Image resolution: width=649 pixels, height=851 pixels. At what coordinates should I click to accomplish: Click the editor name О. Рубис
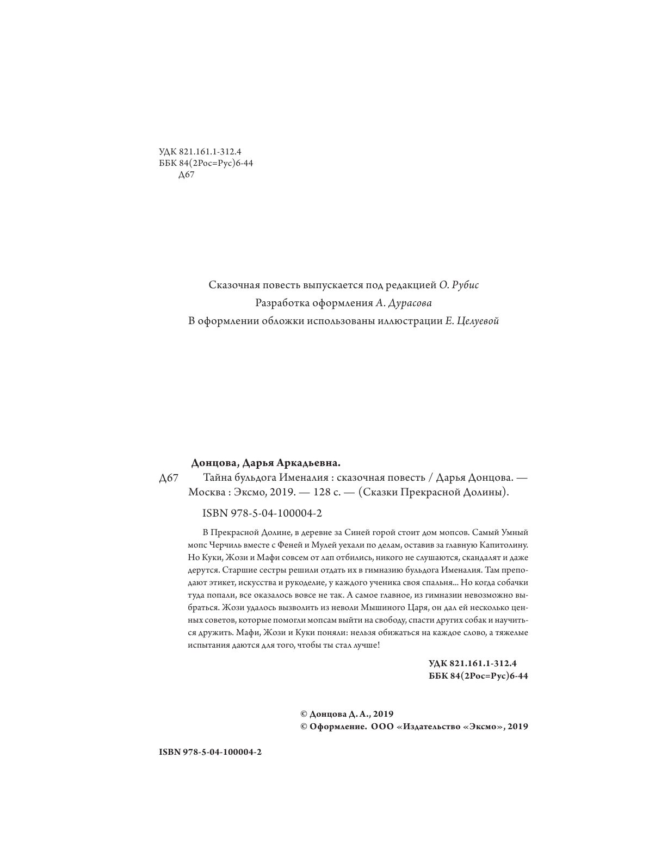(459, 284)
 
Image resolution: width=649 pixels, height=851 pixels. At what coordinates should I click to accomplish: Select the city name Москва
(205, 493)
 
